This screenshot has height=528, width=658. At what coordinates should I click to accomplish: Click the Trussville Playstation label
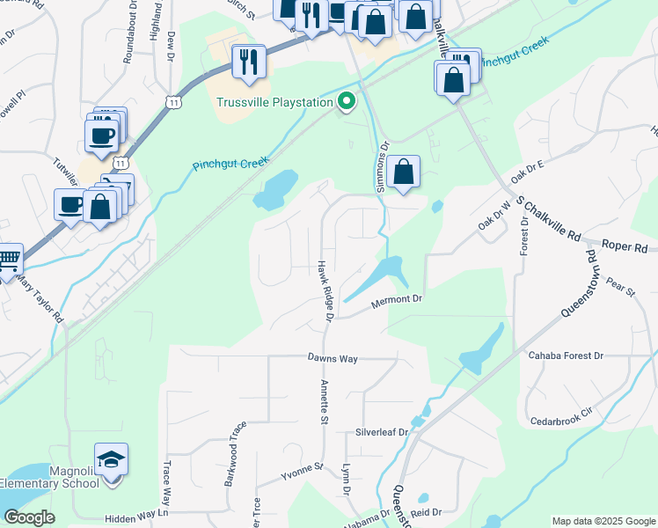274,102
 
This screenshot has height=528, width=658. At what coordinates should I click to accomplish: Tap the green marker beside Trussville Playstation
347,102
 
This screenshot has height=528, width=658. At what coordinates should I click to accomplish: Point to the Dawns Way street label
333,358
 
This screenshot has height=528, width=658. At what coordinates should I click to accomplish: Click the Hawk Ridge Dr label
326,290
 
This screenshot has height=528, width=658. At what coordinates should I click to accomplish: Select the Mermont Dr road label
397,301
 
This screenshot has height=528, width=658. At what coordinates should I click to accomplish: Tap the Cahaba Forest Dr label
565,356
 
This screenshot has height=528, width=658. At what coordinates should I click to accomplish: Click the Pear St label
620,288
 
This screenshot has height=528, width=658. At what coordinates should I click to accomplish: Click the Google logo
30,517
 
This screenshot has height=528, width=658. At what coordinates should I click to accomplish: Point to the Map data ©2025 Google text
603,521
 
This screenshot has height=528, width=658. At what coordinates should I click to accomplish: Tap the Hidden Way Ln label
135,518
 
